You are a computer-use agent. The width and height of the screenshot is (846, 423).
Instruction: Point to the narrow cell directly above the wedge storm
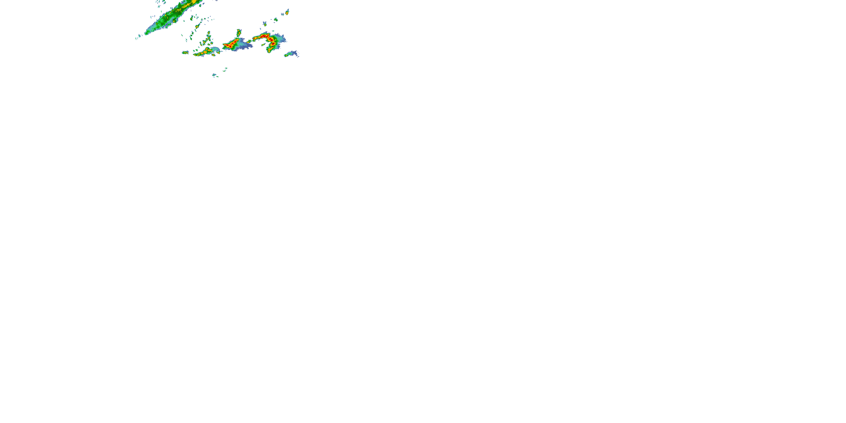(239, 32)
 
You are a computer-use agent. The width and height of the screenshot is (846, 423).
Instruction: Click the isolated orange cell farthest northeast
(287, 12)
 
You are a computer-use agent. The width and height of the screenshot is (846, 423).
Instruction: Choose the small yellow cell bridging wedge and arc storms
(249, 41)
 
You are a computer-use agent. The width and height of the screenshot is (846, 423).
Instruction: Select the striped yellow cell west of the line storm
(186, 52)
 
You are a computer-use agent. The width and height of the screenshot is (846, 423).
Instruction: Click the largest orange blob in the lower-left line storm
(205, 52)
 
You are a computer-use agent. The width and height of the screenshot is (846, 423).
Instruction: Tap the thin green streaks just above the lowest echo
(226, 69)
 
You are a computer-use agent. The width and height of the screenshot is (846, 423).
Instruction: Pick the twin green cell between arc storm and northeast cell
(276, 20)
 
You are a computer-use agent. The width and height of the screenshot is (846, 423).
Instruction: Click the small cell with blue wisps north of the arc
(265, 23)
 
